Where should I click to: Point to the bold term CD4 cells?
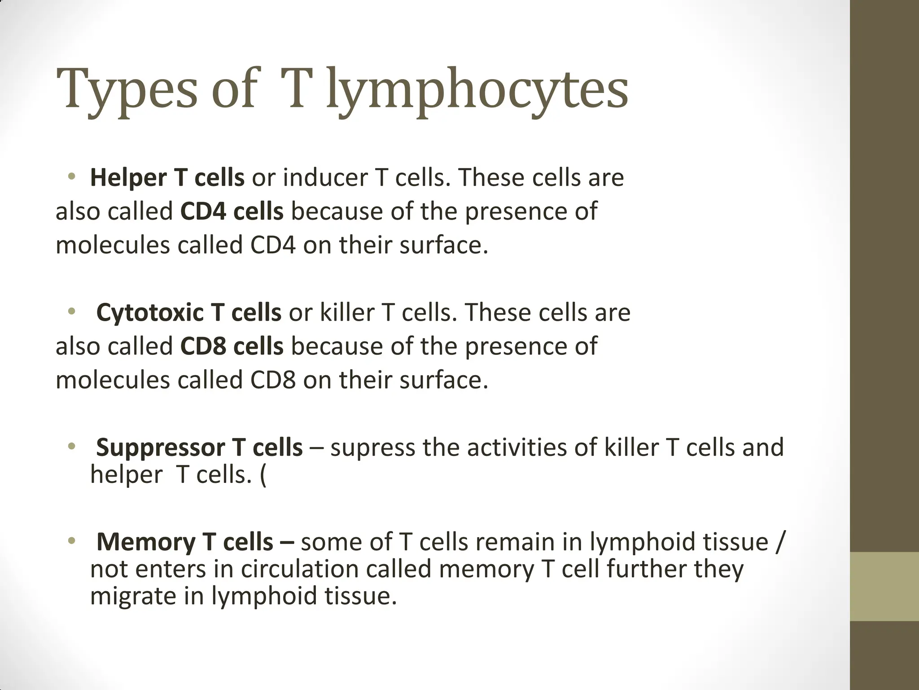pyautogui.click(x=232, y=212)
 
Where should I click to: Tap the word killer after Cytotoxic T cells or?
pyautogui.click(x=346, y=313)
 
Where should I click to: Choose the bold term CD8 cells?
pyautogui.click(x=232, y=346)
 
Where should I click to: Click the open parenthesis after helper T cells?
pyautogui.click(x=263, y=475)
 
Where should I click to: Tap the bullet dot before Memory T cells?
pyautogui.click(x=71, y=540)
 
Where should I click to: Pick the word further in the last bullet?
pyautogui.click(x=646, y=569)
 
